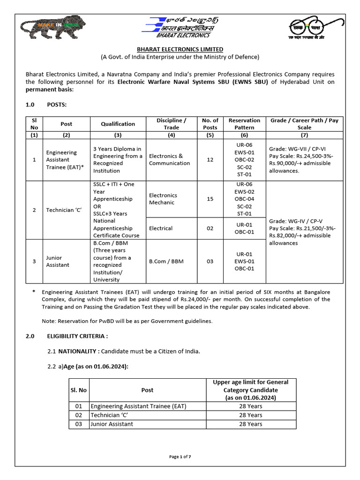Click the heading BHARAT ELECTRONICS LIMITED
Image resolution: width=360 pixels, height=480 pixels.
180,49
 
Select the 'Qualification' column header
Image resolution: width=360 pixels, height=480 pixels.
118,124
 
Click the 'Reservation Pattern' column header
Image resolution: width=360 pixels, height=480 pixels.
244,124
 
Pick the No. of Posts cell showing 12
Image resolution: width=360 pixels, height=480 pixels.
210,160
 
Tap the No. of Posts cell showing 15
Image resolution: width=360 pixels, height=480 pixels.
210,199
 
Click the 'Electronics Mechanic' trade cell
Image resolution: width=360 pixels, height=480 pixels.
163,199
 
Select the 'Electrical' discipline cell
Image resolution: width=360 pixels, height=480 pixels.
161,228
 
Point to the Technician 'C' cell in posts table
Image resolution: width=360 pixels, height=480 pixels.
64,210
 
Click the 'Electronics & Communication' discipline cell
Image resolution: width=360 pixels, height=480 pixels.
169,160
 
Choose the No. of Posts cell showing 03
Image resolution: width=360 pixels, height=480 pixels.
210,261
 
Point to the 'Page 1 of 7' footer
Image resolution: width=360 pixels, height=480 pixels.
180,457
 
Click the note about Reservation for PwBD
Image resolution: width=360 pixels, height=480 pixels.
127,321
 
